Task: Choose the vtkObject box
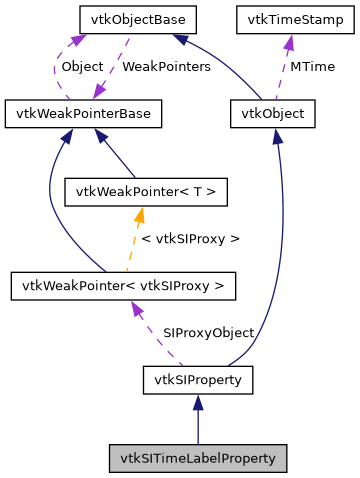(273, 114)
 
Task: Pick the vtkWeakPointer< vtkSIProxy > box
(123, 286)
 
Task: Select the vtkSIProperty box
(198, 380)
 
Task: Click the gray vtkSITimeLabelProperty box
(198, 458)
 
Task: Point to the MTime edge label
(312, 66)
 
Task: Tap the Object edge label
(83, 66)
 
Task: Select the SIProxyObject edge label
(208, 332)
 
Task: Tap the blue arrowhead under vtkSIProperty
(198, 402)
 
